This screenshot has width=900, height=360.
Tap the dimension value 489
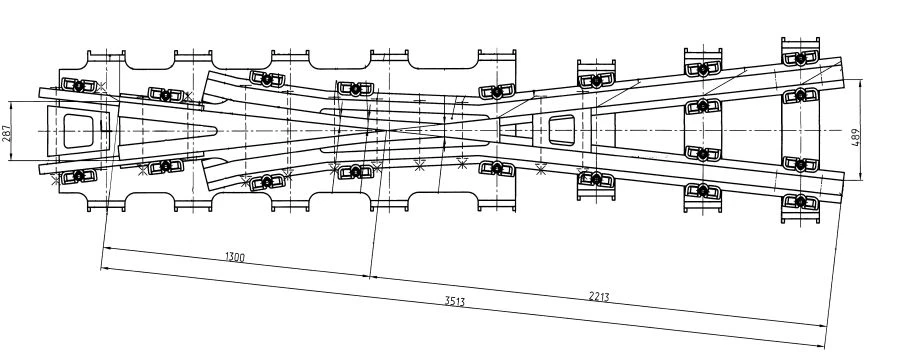(x=855, y=136)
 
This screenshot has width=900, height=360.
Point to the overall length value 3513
(x=455, y=301)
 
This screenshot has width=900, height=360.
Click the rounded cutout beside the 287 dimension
(x=78, y=128)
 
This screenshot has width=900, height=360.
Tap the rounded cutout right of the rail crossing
(x=562, y=128)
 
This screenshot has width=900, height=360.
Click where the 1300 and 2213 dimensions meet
(x=371, y=275)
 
